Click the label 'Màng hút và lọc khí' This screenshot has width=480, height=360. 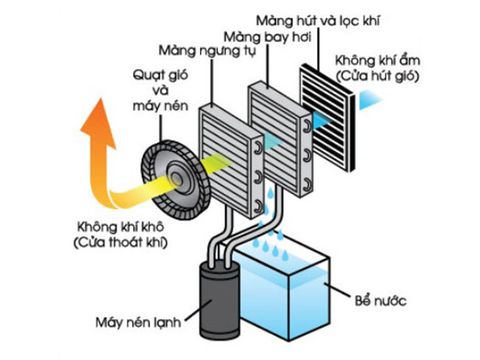318,21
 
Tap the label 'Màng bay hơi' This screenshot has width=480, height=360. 268,37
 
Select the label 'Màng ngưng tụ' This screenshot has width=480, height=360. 207,52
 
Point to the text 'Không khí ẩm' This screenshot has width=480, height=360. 377,60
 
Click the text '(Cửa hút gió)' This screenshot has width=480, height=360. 377,76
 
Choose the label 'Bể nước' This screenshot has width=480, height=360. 380,301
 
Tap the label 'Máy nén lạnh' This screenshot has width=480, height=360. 138,322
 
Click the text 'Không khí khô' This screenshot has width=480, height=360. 120,227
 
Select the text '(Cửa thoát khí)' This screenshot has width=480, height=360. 120,242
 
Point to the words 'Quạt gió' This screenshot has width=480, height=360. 160,75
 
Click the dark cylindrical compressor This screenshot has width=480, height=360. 219,299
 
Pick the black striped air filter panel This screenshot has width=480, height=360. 327,118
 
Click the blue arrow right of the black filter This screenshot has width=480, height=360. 369,100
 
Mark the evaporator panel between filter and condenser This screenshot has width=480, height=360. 280,139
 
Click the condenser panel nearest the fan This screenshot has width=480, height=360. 231,159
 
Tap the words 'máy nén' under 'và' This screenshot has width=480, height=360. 160,106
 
